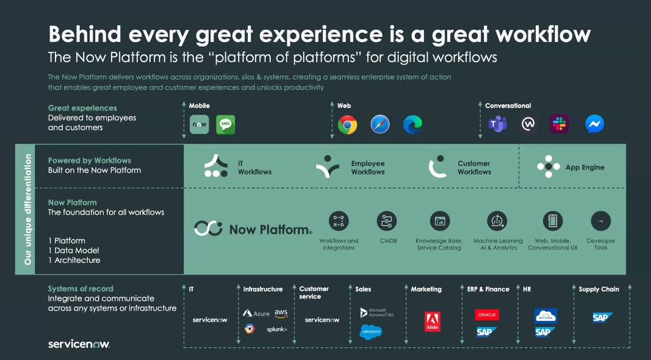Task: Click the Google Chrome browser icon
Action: coord(348,124)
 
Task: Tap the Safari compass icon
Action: coord(380,124)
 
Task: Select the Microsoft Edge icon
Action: coord(412,124)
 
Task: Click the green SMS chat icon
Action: coord(226,124)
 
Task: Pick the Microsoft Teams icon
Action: coord(497,124)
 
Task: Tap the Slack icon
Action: coord(559,124)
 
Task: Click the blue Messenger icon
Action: coord(594,124)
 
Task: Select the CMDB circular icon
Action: coord(387,221)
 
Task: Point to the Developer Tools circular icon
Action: coord(601,221)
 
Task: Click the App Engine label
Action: coord(585,167)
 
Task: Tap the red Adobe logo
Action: coord(432,322)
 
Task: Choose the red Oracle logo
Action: coord(487,315)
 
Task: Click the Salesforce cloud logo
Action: coord(371,332)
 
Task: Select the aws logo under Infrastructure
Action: coord(281,313)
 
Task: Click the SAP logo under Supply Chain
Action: coord(602,318)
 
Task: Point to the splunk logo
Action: coord(277,329)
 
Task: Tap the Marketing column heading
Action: coord(426,289)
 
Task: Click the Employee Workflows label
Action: coord(368,168)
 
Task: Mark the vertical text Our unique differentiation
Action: coord(28,209)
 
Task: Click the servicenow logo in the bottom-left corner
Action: coord(79,344)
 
